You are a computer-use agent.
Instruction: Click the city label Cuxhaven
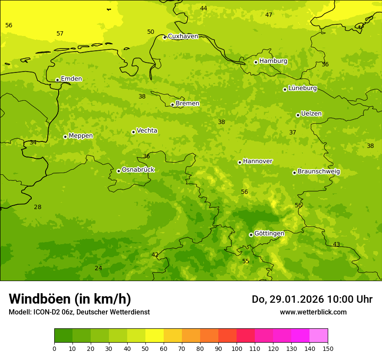pyautogui.click(x=183, y=36)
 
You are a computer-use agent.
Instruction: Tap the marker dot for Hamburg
pyautogui.click(x=256, y=62)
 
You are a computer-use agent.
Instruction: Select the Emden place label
pyautogui.click(x=71, y=79)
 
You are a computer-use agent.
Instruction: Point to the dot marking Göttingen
pyautogui.click(x=251, y=235)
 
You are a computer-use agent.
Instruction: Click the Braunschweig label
pyautogui.click(x=319, y=172)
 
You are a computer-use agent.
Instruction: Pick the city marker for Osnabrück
pyautogui.click(x=119, y=171)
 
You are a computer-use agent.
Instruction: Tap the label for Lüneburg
pyautogui.click(x=303, y=88)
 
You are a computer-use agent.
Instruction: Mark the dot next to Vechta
pyautogui.click(x=133, y=132)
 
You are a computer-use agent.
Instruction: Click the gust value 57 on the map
pyautogui.click(x=60, y=34)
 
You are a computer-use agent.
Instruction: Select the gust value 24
pyautogui.click(x=99, y=268)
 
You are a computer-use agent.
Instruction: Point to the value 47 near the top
pyautogui.click(x=269, y=15)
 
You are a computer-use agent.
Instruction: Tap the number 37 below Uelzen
pyautogui.click(x=293, y=133)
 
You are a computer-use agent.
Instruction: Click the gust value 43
pyautogui.click(x=336, y=245)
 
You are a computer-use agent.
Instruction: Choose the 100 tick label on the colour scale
pyautogui.click(x=237, y=348)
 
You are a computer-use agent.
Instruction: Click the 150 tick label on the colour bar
pyautogui.click(x=328, y=348)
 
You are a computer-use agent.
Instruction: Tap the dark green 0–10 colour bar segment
pyautogui.click(x=63, y=336)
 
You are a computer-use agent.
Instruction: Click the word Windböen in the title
pyautogui.click(x=40, y=299)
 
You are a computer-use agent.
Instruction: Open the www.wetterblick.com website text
pyautogui.click(x=313, y=312)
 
